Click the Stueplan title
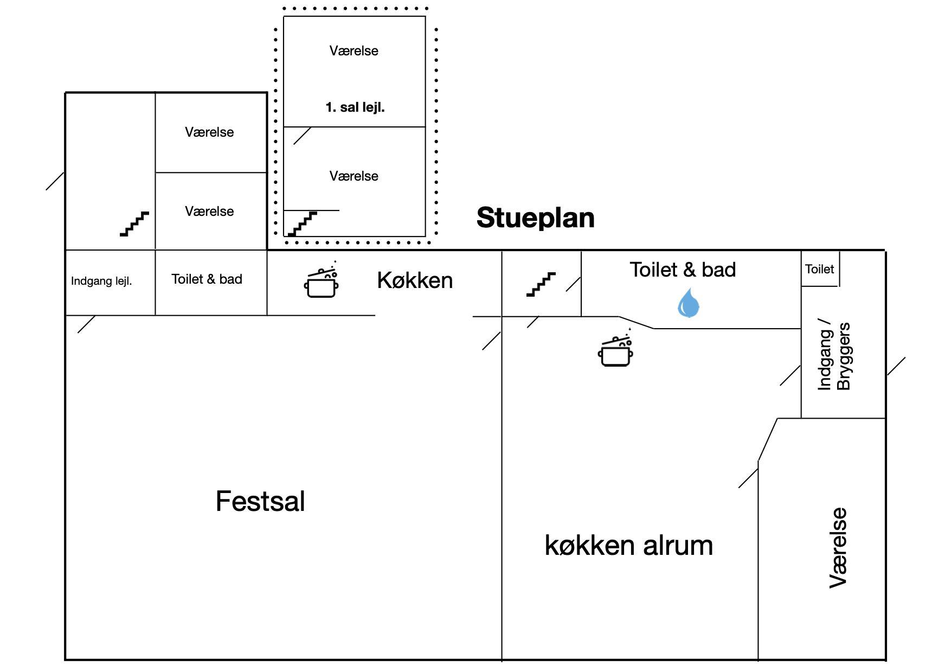coord(535,217)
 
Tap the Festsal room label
coord(260,501)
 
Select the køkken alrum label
coord(628,545)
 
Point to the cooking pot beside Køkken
coord(322,282)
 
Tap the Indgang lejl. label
coord(101,281)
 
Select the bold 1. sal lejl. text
coord(355,107)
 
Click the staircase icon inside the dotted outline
coord(302,224)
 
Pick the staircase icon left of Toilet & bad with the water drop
coord(541,284)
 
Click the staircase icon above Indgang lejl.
coord(134,223)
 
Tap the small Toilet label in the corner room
coord(819,269)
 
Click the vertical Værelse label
coord(838,548)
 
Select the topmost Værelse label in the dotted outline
coord(354,51)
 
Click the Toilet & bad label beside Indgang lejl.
coord(207,279)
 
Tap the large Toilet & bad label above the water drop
coord(683,270)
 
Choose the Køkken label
coord(415,280)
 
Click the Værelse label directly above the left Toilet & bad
coord(209,212)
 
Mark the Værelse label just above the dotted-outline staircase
coord(354,176)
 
